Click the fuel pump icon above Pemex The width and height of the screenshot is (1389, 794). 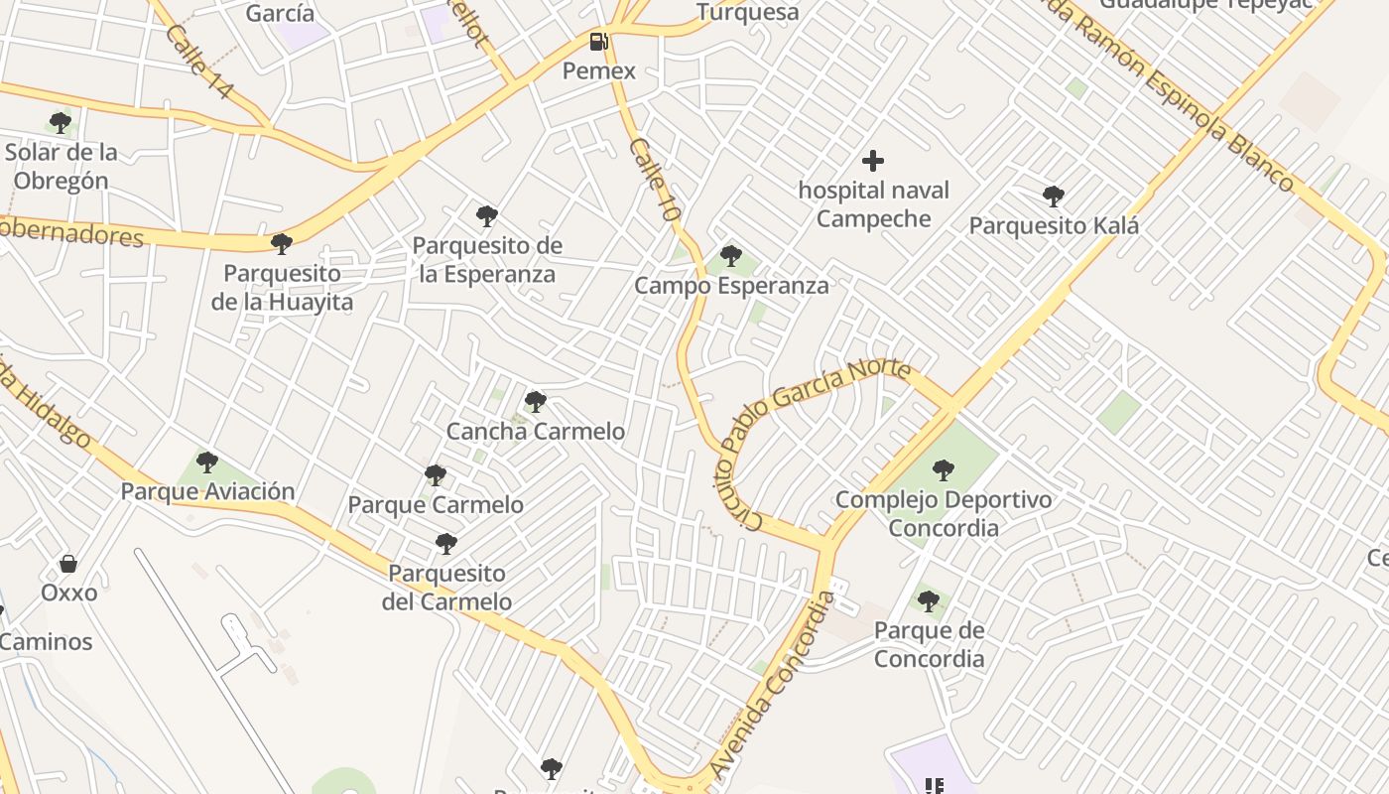tap(598, 41)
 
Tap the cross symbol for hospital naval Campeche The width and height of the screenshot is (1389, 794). tap(873, 160)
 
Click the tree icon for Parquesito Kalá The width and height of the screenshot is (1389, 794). tap(1054, 196)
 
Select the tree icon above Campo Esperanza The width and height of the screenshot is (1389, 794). tap(731, 256)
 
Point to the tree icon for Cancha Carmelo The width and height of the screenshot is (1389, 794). tap(536, 401)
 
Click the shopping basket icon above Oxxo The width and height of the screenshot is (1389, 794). tap(68, 563)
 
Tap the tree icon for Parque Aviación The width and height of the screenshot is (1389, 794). tap(207, 462)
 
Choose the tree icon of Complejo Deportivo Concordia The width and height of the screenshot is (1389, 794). tap(944, 469)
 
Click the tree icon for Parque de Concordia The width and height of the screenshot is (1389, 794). tap(929, 600)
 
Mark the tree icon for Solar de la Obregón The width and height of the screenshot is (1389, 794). tap(61, 123)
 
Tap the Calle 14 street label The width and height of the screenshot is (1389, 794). tap(199, 62)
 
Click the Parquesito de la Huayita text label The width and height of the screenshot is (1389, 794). tap(282, 287)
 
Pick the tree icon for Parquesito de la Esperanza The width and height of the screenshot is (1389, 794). tap(486, 215)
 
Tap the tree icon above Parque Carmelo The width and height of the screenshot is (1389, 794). tap(436, 474)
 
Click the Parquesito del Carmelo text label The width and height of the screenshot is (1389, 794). tap(447, 588)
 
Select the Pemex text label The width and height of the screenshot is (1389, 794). tap(598, 71)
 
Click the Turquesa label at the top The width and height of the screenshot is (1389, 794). tap(747, 12)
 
